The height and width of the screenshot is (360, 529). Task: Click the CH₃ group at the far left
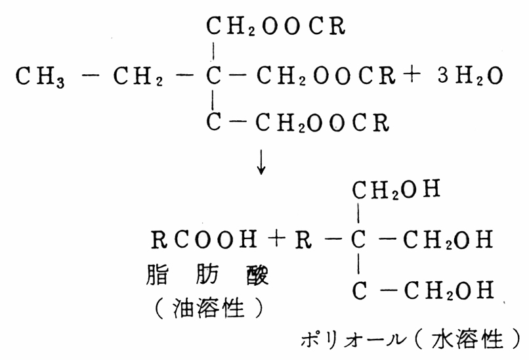tap(40, 77)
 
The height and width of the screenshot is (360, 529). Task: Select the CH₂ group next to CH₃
tap(138, 77)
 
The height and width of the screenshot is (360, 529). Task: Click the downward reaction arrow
tap(261, 163)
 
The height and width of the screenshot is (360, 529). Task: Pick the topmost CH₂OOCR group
tap(276, 26)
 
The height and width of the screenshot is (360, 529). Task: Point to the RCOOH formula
tap(204, 239)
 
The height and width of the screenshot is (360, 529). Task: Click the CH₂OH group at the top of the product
tap(396, 189)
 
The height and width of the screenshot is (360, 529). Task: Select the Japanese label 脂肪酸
tap(207, 275)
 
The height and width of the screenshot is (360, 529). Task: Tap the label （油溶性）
tap(209, 308)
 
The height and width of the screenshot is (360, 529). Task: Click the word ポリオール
tap(353, 339)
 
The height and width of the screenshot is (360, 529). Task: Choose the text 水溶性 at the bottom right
tap(467, 339)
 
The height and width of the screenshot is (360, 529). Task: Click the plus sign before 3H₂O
tap(413, 75)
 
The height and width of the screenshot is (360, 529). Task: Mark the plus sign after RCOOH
tap(276, 238)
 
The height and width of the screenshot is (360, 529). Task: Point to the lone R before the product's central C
tap(303, 239)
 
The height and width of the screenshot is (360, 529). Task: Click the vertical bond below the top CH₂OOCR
tap(213, 51)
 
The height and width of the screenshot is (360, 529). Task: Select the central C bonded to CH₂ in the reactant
tap(213, 76)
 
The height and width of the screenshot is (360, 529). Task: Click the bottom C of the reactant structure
tap(213, 122)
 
